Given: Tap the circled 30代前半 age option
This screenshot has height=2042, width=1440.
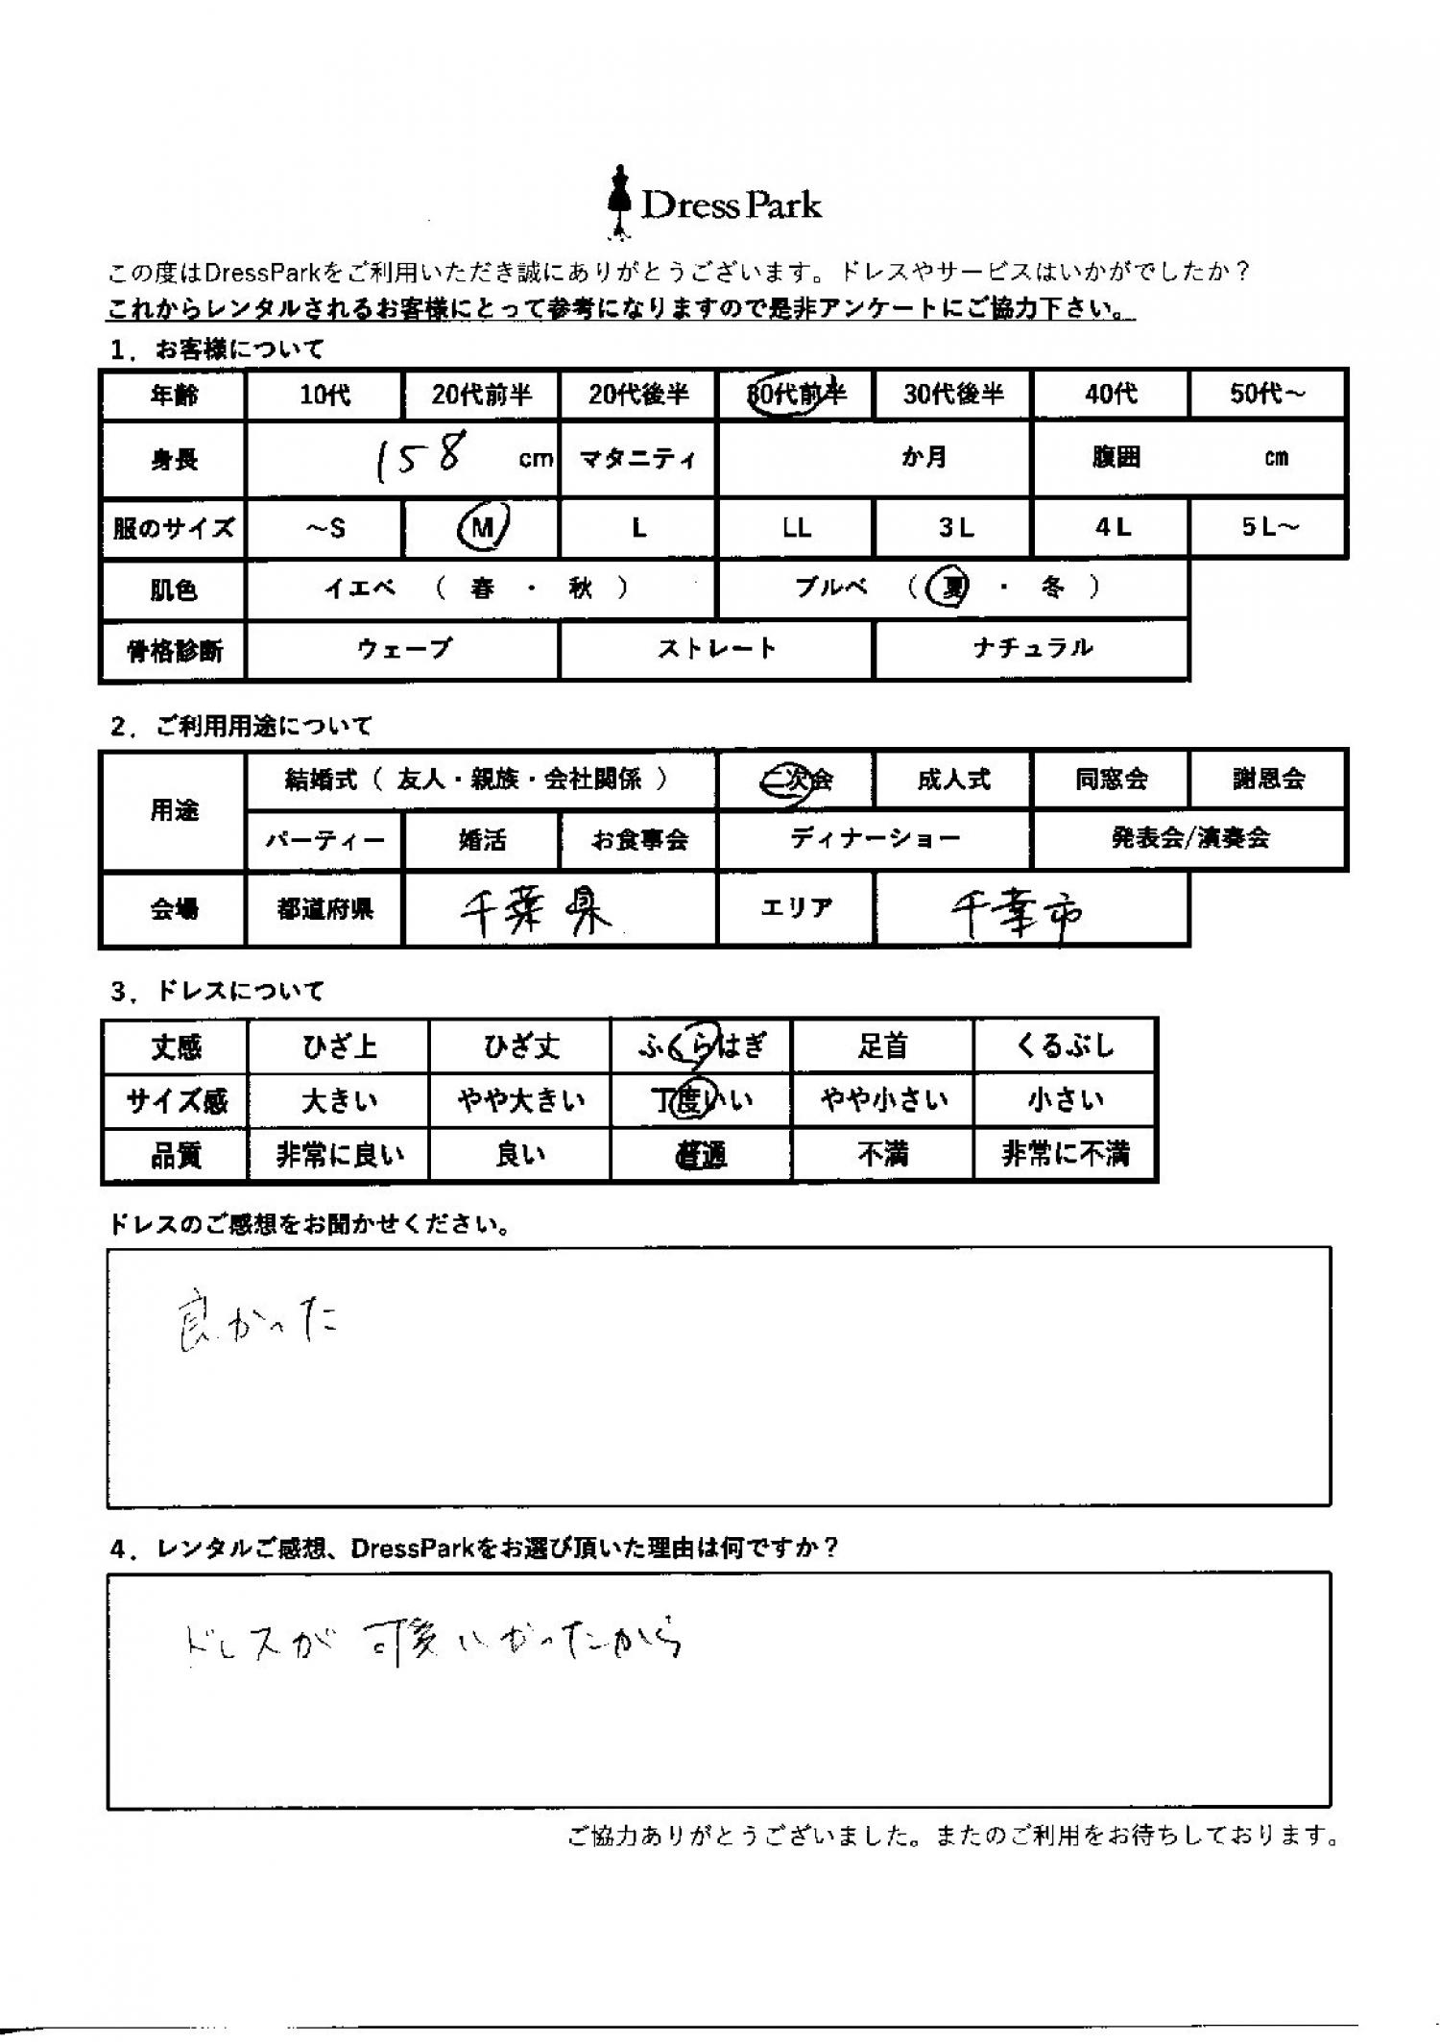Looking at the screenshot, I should pyautogui.click(x=795, y=395).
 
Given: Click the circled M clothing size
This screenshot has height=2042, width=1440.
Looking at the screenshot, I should pyautogui.click(x=483, y=527).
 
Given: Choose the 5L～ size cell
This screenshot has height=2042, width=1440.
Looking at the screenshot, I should pyautogui.click(x=1268, y=528).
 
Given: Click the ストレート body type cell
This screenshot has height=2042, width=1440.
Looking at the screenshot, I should pyautogui.click(x=716, y=650).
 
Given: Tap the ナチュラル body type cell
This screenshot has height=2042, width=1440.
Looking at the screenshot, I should pyautogui.click(x=1032, y=650).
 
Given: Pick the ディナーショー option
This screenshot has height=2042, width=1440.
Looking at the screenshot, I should pyautogui.click(x=875, y=839).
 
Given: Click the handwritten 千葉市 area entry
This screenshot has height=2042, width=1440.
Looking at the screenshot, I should pyautogui.click(x=1016, y=915).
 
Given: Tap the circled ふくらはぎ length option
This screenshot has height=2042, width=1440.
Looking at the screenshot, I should pyautogui.click(x=701, y=1045).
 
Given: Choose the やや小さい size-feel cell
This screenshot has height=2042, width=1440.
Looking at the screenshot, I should pyautogui.click(x=883, y=1100).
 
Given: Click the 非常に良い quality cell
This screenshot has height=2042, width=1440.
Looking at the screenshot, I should pyautogui.click(x=340, y=1155).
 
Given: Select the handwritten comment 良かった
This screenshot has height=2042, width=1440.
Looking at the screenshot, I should pyautogui.click(x=256, y=1325).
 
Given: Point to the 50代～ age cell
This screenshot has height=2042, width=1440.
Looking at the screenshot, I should pyautogui.click(x=1267, y=395).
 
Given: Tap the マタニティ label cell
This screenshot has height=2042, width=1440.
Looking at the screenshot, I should pyautogui.click(x=637, y=459).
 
